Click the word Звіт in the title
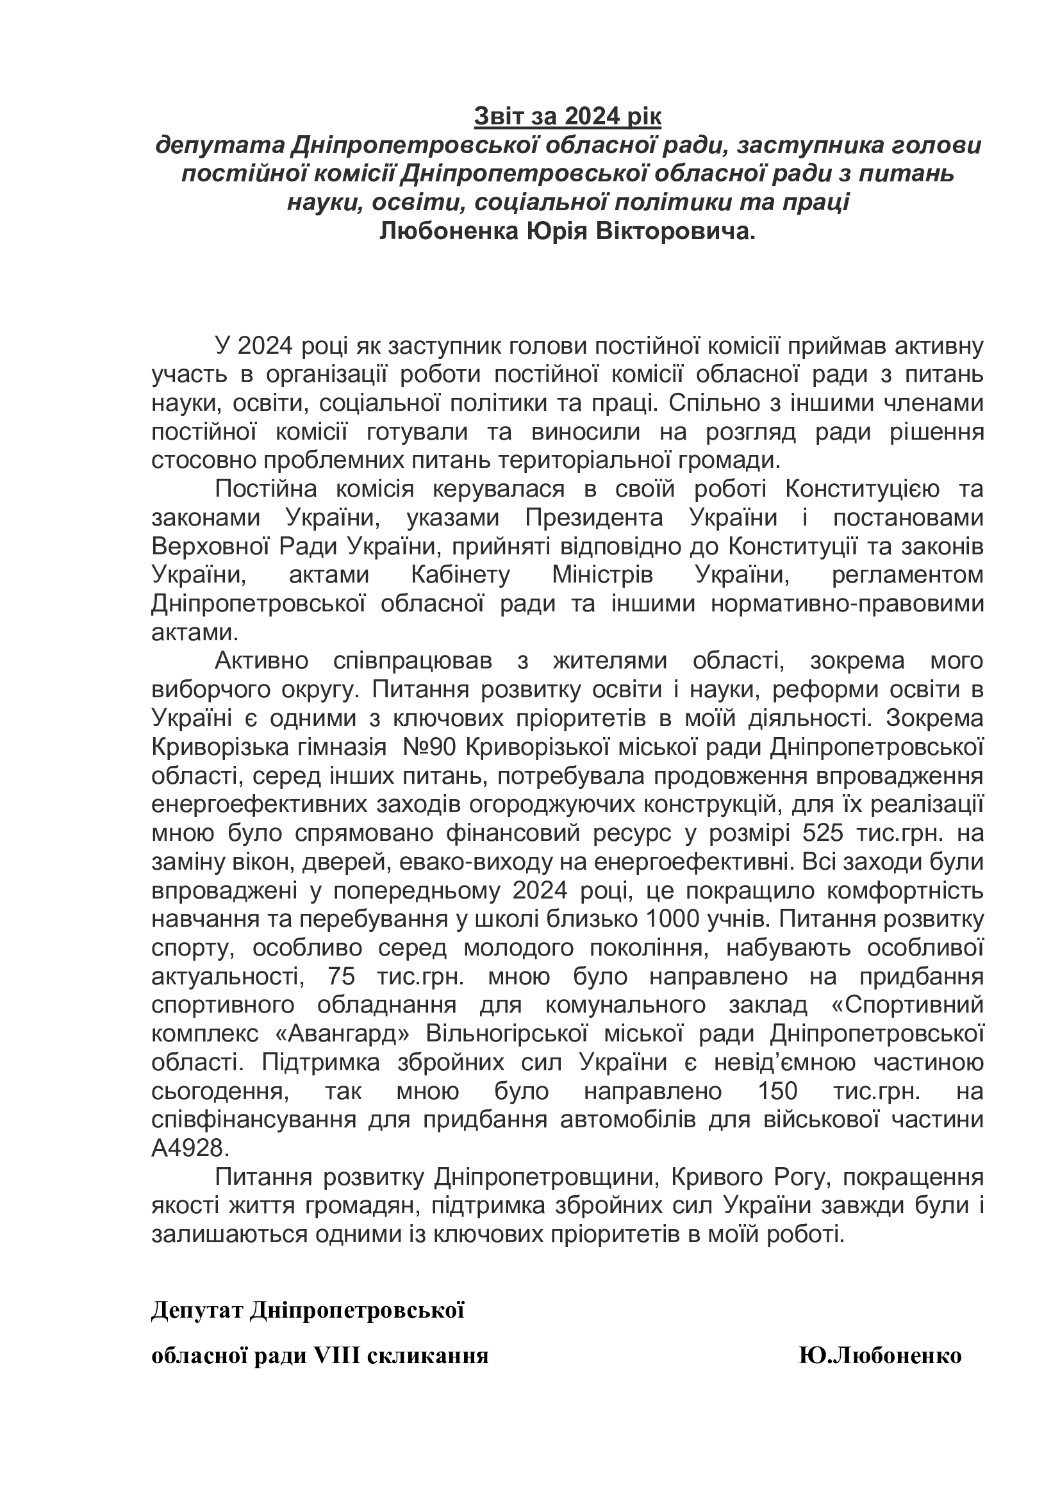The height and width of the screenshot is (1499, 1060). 495,117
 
